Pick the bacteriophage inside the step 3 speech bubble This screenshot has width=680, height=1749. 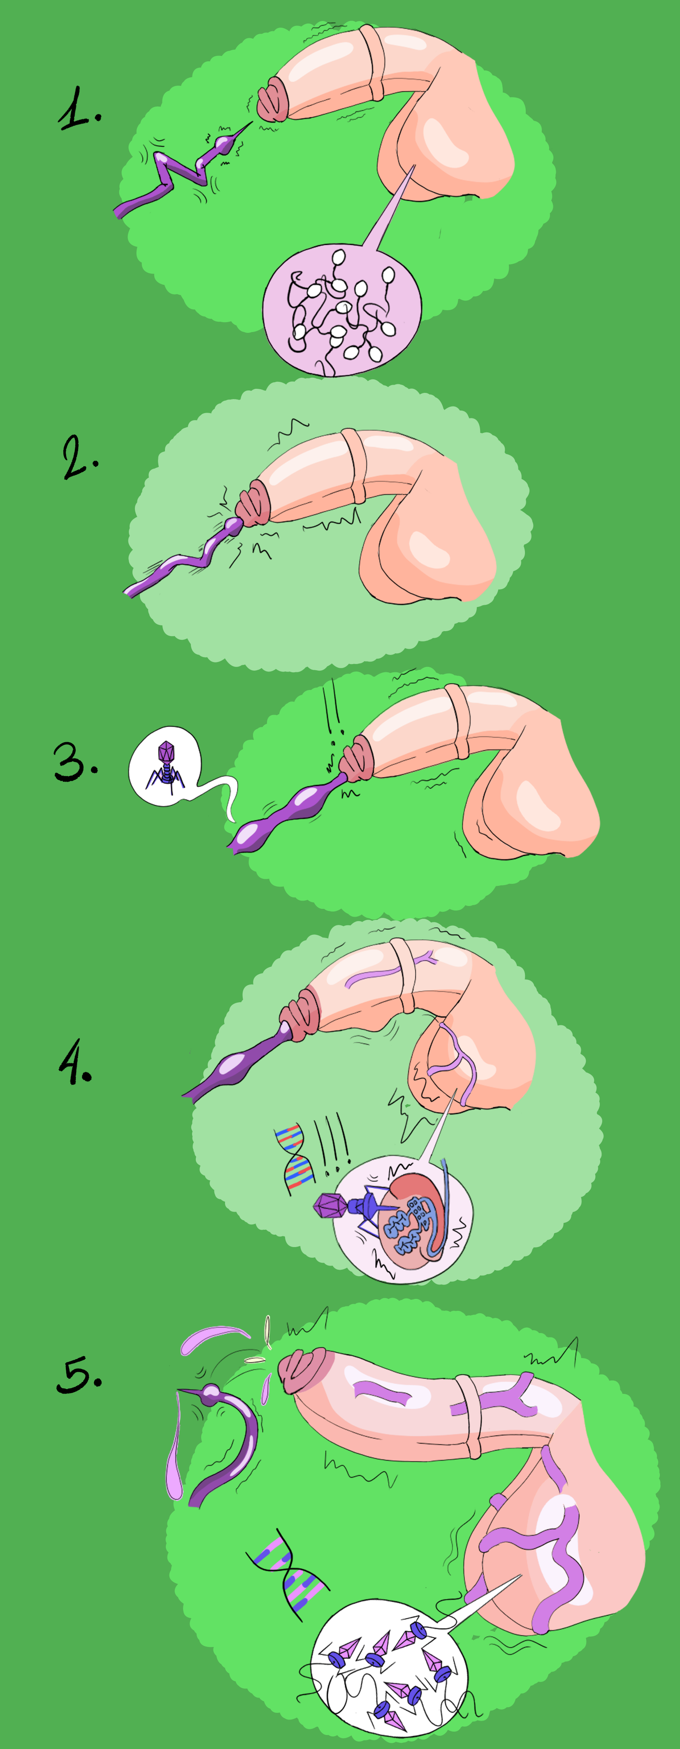165,766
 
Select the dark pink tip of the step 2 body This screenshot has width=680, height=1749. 253,504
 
